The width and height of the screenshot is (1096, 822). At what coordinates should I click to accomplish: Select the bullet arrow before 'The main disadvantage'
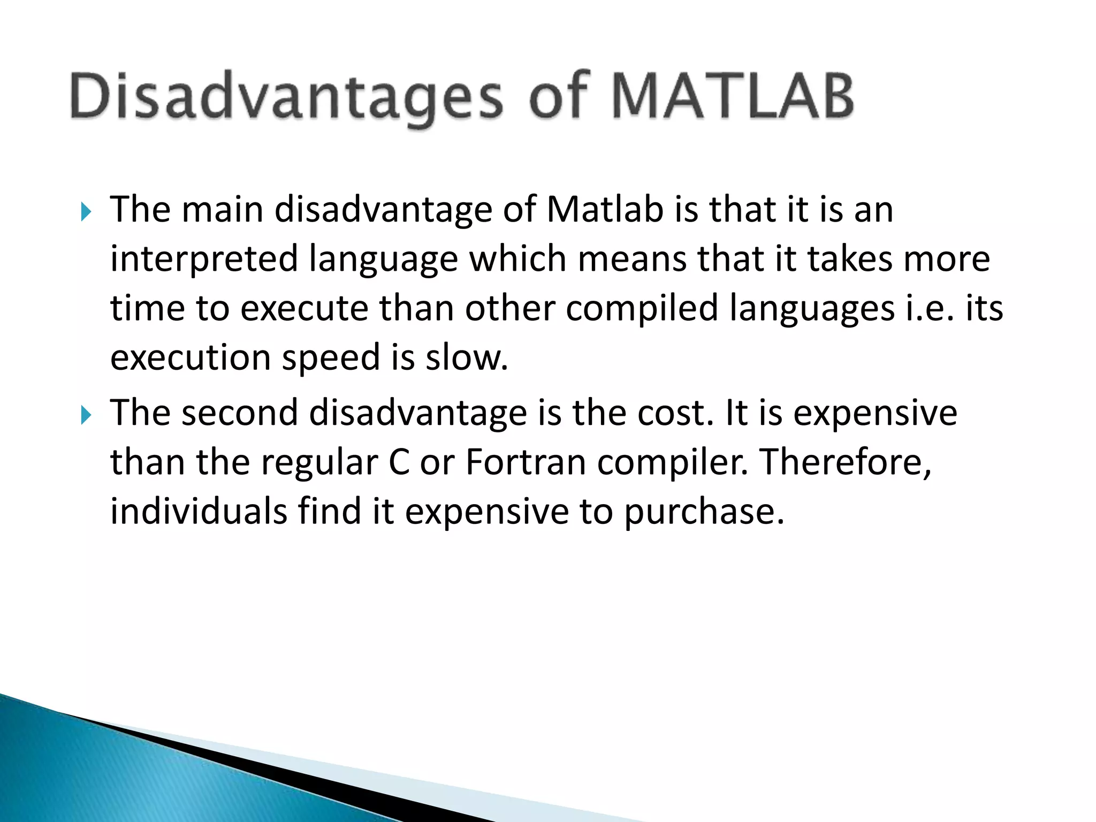point(86,212)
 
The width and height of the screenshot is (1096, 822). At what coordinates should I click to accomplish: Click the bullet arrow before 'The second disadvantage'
point(86,415)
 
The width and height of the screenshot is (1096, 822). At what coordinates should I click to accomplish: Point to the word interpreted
point(204,259)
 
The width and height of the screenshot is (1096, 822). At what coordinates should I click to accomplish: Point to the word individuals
point(199,511)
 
